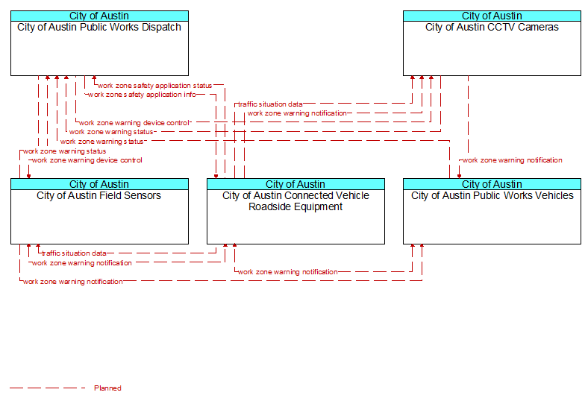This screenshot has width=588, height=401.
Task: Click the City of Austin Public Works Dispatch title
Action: [99, 28]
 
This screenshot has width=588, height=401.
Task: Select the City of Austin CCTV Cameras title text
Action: [492, 28]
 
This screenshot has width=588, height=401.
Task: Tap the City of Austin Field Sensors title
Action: [99, 196]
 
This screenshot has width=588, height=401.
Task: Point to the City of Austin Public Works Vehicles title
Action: [492, 196]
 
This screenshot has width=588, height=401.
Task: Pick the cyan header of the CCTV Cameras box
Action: [492, 16]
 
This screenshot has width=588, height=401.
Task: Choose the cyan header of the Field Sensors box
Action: [99, 184]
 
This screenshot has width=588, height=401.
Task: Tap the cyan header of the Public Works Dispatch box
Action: [99, 16]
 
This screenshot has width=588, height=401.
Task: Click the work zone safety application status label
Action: [155, 86]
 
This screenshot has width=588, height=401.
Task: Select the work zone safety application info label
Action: [142, 95]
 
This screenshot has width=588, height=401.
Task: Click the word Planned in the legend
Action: [107, 388]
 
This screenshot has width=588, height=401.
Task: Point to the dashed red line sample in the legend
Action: [48, 388]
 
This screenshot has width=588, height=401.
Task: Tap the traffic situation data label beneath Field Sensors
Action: [74, 253]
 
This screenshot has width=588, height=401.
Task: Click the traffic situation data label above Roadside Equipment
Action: [270, 104]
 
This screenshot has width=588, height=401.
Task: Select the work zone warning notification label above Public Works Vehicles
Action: [512, 160]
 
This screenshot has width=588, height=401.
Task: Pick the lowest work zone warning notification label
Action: [72, 282]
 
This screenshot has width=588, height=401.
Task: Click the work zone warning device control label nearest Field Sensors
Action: [87, 160]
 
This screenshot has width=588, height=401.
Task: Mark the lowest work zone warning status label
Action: [64, 151]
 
